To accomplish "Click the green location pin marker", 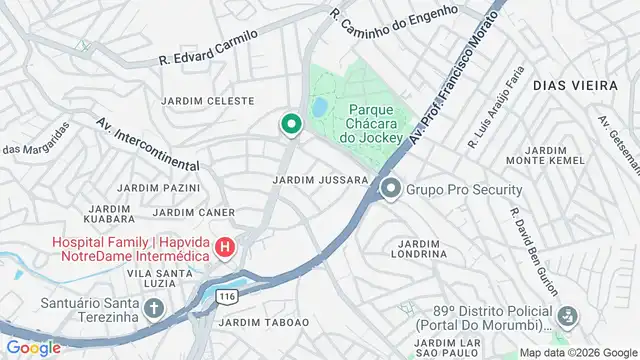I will click(291, 124).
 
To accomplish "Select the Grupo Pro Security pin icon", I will click(389, 188).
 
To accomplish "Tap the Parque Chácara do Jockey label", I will click(376, 123).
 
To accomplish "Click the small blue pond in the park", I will click(319, 106).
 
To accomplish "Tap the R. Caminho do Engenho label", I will click(394, 13).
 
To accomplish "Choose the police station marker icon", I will click(567, 316).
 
